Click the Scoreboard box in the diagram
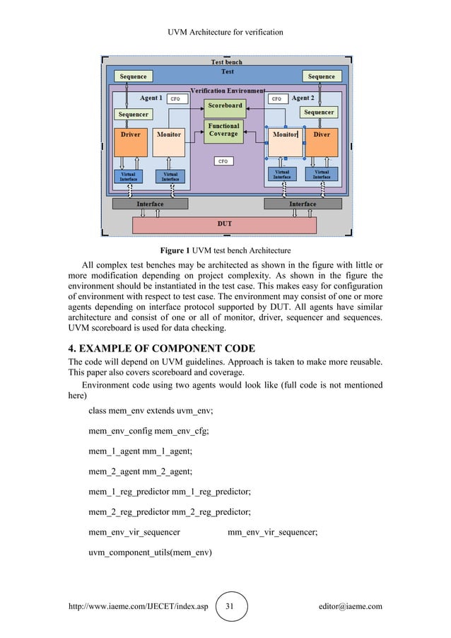[225, 105]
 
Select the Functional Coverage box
[223, 131]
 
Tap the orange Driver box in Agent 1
[131, 142]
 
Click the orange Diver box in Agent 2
[322, 142]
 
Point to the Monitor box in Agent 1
[168, 142]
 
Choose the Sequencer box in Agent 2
[319, 112]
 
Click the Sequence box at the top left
[133, 76]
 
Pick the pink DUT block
[224, 224]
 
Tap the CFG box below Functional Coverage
[223, 161]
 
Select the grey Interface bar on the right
[303, 204]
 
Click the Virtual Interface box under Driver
[128, 176]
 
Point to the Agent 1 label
[151, 98]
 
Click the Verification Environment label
[228, 91]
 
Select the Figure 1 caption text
[225, 250]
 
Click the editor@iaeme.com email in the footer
[351, 606]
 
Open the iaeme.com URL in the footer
[137, 606]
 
